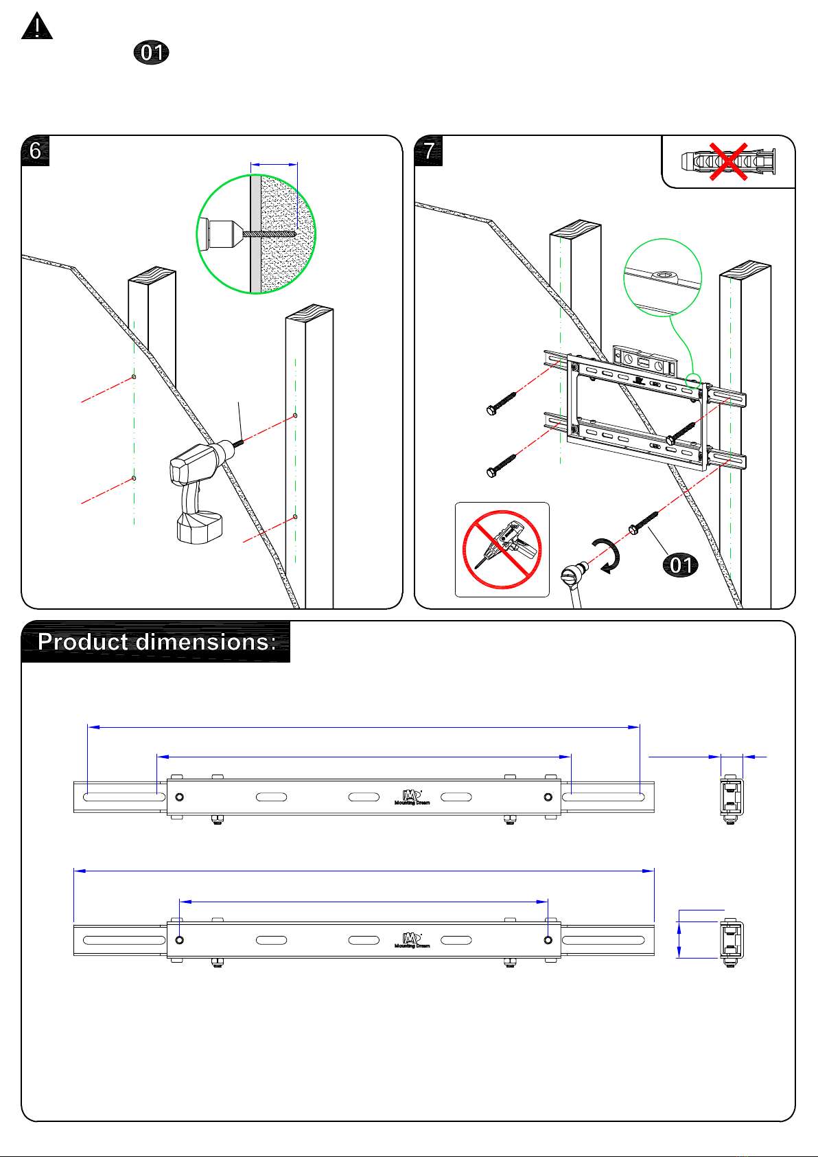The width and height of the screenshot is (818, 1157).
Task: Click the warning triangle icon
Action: pos(37,27)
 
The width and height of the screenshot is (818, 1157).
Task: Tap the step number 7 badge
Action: pos(429,150)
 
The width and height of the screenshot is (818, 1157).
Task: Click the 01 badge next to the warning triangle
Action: pos(151,53)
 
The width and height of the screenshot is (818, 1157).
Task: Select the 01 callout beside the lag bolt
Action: pos(680,565)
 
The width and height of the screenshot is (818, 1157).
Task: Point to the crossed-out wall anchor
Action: pos(728,162)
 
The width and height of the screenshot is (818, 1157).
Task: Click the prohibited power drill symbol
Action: pos(502,549)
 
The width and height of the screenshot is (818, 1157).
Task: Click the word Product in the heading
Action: pos(83,641)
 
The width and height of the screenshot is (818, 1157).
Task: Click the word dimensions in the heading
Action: pos(206,641)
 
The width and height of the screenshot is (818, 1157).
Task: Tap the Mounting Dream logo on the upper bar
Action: pos(412,797)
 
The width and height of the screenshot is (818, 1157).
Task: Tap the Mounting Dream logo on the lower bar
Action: pos(412,940)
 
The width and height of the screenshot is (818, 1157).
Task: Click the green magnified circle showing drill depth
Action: pos(256,234)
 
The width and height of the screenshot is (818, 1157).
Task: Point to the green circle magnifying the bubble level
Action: pos(662,277)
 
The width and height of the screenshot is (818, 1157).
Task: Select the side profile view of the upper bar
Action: pos(732,799)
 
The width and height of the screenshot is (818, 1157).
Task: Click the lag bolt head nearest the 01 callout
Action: pos(633,529)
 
